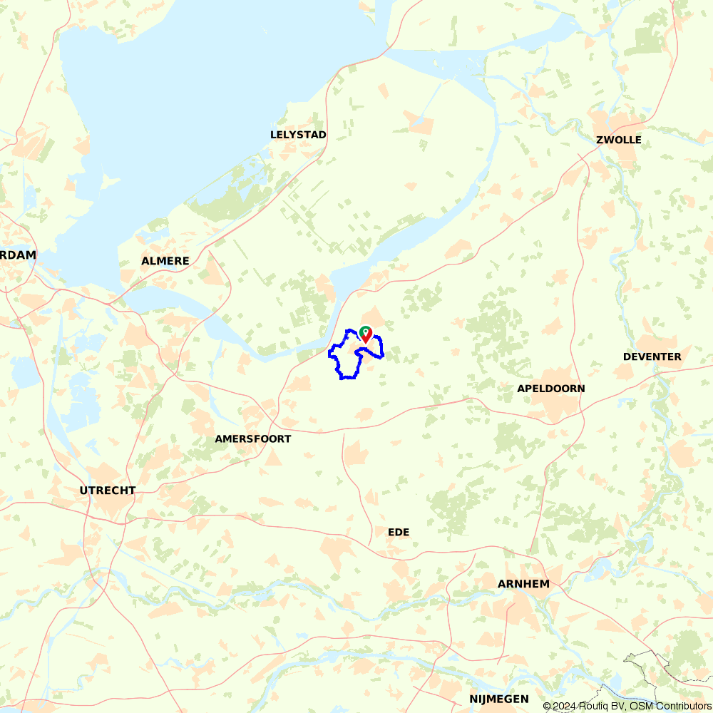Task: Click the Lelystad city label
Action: coord(298,135)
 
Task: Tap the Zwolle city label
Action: coord(618,140)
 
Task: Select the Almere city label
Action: coord(165,261)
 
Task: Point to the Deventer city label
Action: coord(652,356)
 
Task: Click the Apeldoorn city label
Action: coord(551,389)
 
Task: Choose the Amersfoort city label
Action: coord(252,439)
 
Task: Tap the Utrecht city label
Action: coord(108,491)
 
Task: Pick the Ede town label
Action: coord(399,533)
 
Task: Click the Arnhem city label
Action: coord(523,584)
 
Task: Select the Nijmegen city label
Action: coord(499,699)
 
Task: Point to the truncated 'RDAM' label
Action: coord(18,255)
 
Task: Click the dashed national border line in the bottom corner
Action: coord(645,655)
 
